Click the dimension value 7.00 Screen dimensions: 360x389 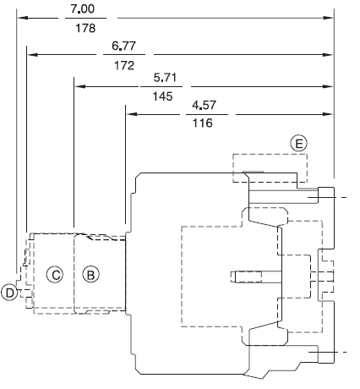tap(82, 8)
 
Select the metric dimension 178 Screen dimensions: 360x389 tap(85, 28)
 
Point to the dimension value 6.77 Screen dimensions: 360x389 tap(123, 46)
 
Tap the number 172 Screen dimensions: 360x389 tap(124, 65)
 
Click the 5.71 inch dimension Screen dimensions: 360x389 tap(165, 77)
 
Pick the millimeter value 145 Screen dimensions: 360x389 tap(162, 96)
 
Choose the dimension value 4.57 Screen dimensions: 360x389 tap(204, 105)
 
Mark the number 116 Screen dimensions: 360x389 tap(202, 123)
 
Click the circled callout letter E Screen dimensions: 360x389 tap(298, 144)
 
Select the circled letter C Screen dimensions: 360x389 tap(55, 275)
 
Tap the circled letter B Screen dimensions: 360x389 tap(91, 275)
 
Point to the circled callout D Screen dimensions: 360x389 tap(9, 293)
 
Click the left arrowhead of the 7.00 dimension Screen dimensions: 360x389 tap(22, 18)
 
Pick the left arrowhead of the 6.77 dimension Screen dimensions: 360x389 tap(32, 54)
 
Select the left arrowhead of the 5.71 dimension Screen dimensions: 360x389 tap(79, 86)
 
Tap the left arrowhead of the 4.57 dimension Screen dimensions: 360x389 tap(131, 114)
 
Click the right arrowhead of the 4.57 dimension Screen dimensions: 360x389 tap(329, 114)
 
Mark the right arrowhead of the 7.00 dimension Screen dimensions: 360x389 tap(329, 18)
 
